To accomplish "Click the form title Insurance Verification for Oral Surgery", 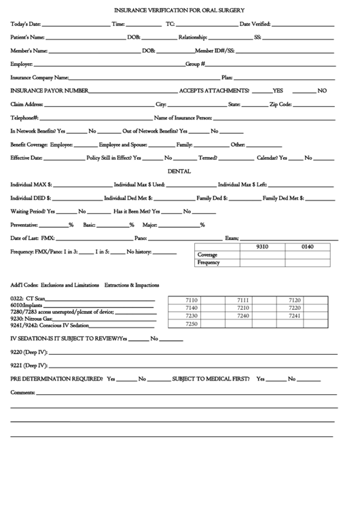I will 179,11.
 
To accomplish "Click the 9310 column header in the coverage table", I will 262,247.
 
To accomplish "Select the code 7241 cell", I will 295,316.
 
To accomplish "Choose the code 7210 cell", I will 243,308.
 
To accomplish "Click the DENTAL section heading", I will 179,172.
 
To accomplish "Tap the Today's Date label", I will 25,24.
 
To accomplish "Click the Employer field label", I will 22,64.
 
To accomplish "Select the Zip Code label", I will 281,105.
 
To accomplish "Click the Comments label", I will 22,393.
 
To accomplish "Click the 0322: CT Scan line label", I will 28,299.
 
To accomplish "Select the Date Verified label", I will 255,24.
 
